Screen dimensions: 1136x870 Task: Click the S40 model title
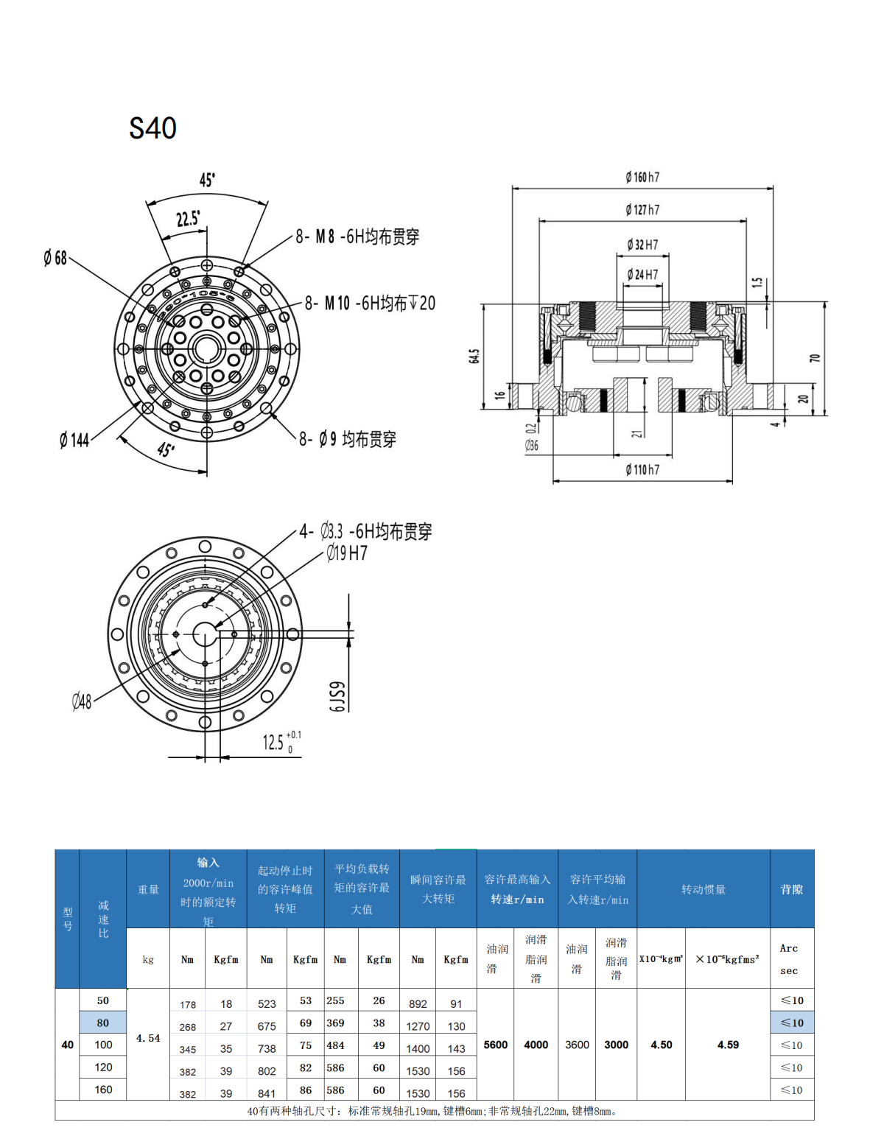coord(152,128)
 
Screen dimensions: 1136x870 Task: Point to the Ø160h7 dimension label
coord(642,178)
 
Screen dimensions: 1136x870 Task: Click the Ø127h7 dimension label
coord(642,210)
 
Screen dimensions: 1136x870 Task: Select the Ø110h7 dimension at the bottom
coord(642,469)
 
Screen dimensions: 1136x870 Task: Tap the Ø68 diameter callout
coord(55,258)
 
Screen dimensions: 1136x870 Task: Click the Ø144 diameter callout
coord(74,441)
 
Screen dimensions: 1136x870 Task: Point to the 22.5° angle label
coord(188,219)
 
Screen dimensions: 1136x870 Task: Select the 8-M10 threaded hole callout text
coord(370,303)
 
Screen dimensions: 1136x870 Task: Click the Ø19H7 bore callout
coord(347,553)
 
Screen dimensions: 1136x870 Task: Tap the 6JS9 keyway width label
coord(336,696)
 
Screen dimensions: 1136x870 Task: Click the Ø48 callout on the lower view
coord(82,701)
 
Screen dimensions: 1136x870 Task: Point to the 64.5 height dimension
coord(474,357)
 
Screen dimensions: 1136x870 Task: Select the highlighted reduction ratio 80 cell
coord(102,1023)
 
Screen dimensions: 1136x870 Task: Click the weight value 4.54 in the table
coord(148,1038)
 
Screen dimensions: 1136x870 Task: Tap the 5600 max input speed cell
coord(496,1045)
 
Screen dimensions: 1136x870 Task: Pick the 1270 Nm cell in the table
coord(418,1026)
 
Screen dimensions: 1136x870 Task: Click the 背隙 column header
coord(792,889)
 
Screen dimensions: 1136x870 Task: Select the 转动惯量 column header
coord(703,889)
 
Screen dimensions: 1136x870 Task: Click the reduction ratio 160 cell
coord(103,1090)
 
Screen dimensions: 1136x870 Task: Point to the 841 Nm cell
coord(267,1094)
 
